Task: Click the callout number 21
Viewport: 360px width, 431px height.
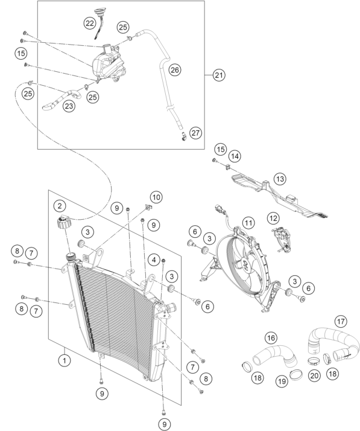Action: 219,75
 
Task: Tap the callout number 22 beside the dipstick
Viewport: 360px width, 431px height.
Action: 90,23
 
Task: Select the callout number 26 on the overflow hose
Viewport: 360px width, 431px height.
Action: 175,70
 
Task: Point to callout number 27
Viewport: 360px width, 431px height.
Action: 195,133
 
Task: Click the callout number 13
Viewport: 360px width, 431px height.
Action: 280,179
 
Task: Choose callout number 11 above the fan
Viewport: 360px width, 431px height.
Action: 248,223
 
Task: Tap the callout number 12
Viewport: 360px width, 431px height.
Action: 273,219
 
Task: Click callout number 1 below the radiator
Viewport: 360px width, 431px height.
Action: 65,360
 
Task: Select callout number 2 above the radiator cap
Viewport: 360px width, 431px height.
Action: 60,206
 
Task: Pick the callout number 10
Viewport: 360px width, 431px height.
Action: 156,197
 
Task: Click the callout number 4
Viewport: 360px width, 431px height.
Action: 154,260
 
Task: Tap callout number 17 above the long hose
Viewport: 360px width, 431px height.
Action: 341,321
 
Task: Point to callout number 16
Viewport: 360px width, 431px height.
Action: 271,338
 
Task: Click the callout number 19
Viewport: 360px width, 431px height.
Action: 282,382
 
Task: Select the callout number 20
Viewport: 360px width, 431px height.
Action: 314,375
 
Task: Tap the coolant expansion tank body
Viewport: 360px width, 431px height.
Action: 109,65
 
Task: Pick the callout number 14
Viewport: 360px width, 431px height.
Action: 235,156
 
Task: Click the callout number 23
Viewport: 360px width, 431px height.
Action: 69,106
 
